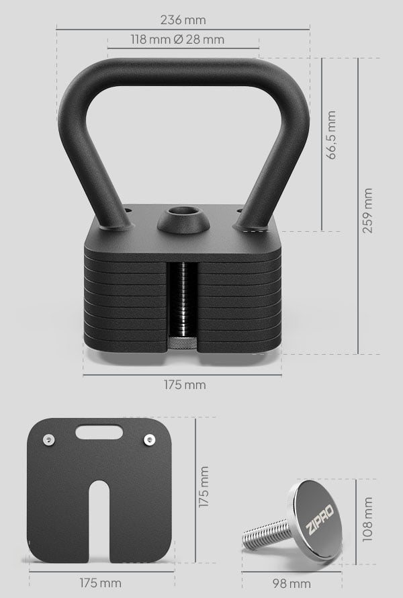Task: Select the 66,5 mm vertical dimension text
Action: pyautogui.click(x=330, y=134)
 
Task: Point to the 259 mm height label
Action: pyautogui.click(x=367, y=210)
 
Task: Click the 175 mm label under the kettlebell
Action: pyautogui.click(x=184, y=385)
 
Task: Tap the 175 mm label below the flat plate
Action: pyautogui.click(x=100, y=582)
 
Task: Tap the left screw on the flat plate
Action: pyautogui.click(x=49, y=439)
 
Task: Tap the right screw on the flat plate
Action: pyautogui.click(x=148, y=439)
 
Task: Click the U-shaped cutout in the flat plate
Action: pyautogui.click(x=99, y=517)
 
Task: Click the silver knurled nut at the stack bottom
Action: pyautogui.click(x=181, y=343)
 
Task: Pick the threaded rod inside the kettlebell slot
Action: pyautogui.click(x=181, y=296)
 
